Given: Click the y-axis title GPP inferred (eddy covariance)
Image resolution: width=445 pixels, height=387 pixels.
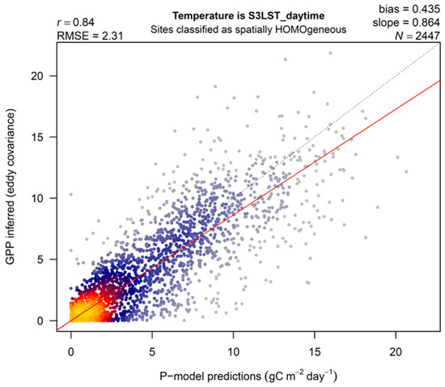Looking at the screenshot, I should (x=14, y=189).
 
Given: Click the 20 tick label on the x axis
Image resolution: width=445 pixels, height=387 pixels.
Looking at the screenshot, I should (x=395, y=353).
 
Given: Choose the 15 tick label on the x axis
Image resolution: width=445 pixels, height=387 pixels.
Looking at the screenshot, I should (x=314, y=353).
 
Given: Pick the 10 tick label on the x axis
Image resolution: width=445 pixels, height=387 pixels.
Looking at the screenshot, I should (x=233, y=353).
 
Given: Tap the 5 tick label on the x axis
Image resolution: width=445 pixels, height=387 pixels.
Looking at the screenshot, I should (x=152, y=353).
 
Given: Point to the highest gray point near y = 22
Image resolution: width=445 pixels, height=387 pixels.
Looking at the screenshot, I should (x=330, y=53).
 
